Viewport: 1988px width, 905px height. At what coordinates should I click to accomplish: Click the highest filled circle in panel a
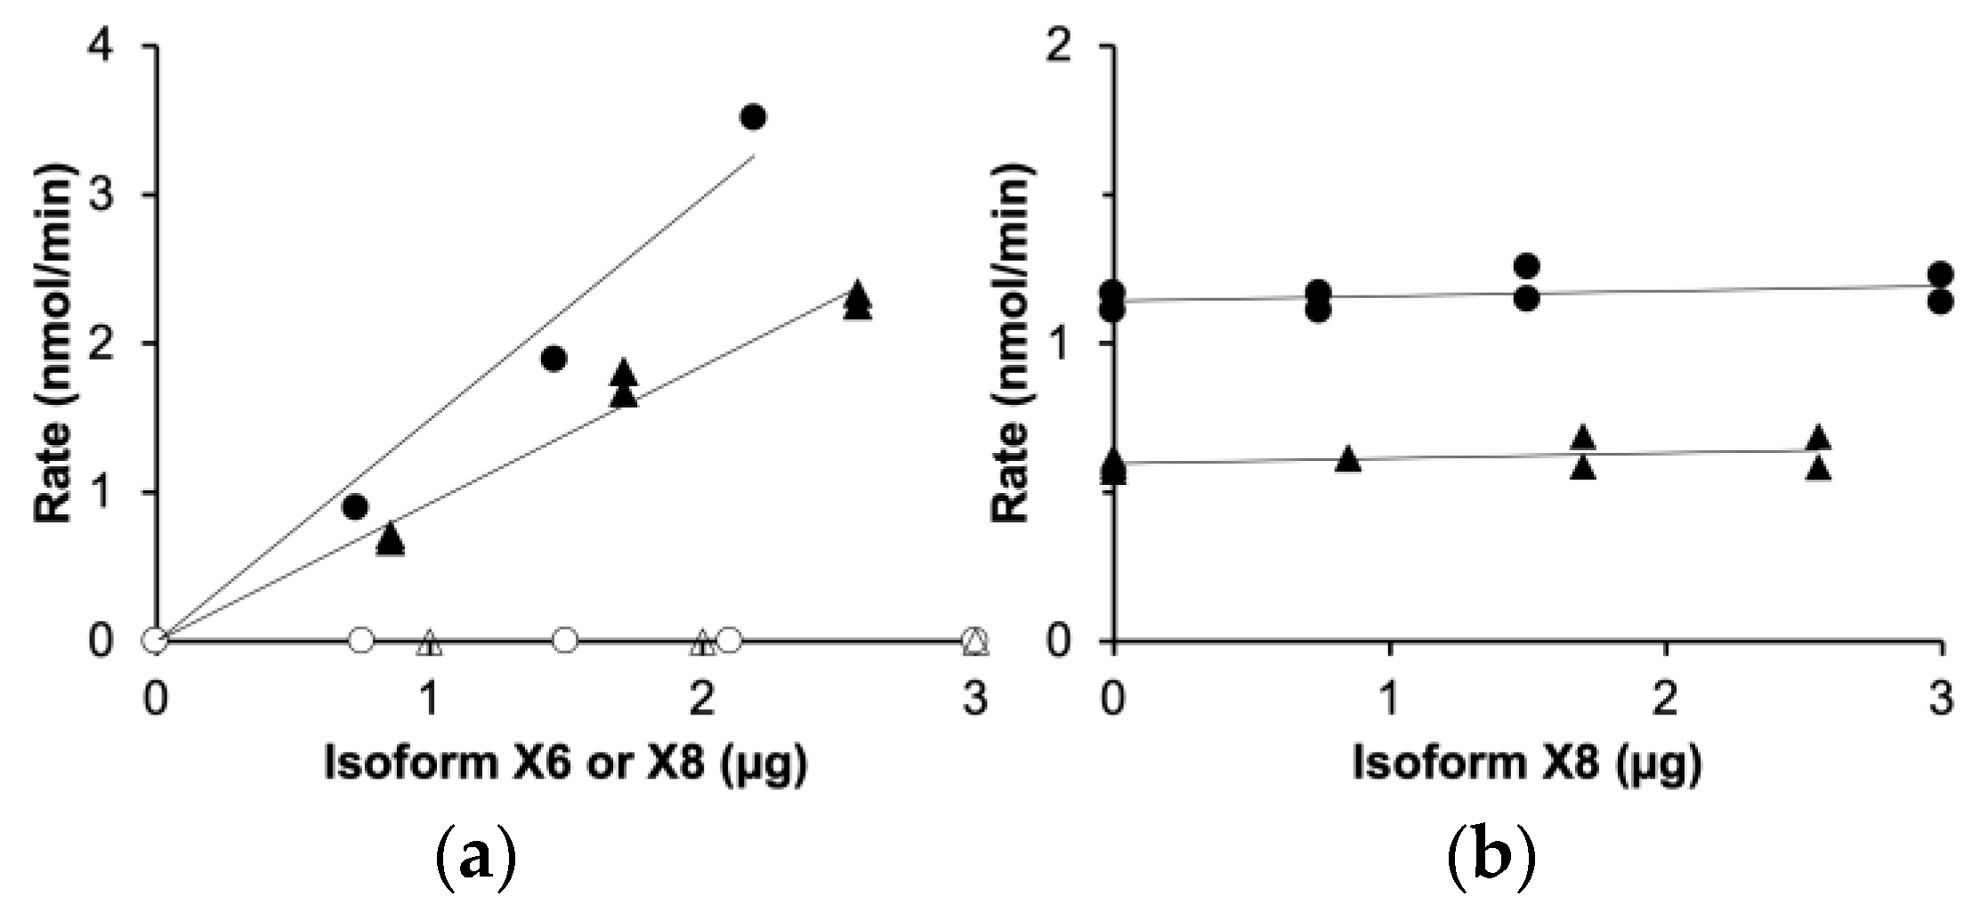pos(753,117)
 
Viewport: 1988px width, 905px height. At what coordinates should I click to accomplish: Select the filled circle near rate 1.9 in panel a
pos(554,359)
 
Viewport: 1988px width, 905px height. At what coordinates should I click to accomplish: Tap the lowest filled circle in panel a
pos(355,507)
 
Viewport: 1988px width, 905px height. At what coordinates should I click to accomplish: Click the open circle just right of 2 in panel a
pos(729,639)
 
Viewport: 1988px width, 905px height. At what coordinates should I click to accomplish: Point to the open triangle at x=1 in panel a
pos(430,642)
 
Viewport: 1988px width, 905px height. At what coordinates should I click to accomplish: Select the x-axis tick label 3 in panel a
pos(976,699)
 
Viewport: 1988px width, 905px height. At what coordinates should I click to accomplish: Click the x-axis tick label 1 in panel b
pos(1389,699)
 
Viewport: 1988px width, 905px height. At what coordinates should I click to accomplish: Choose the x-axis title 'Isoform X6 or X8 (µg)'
pos(566,764)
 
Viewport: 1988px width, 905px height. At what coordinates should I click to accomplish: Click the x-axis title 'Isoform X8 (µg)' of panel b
pos(1527,764)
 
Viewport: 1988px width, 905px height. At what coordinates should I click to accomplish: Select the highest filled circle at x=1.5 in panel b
pos(1526,265)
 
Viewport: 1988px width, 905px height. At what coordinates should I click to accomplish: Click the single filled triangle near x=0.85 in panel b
pos(1348,459)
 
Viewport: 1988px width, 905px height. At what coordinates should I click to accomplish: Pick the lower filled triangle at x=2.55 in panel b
pos(1819,469)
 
